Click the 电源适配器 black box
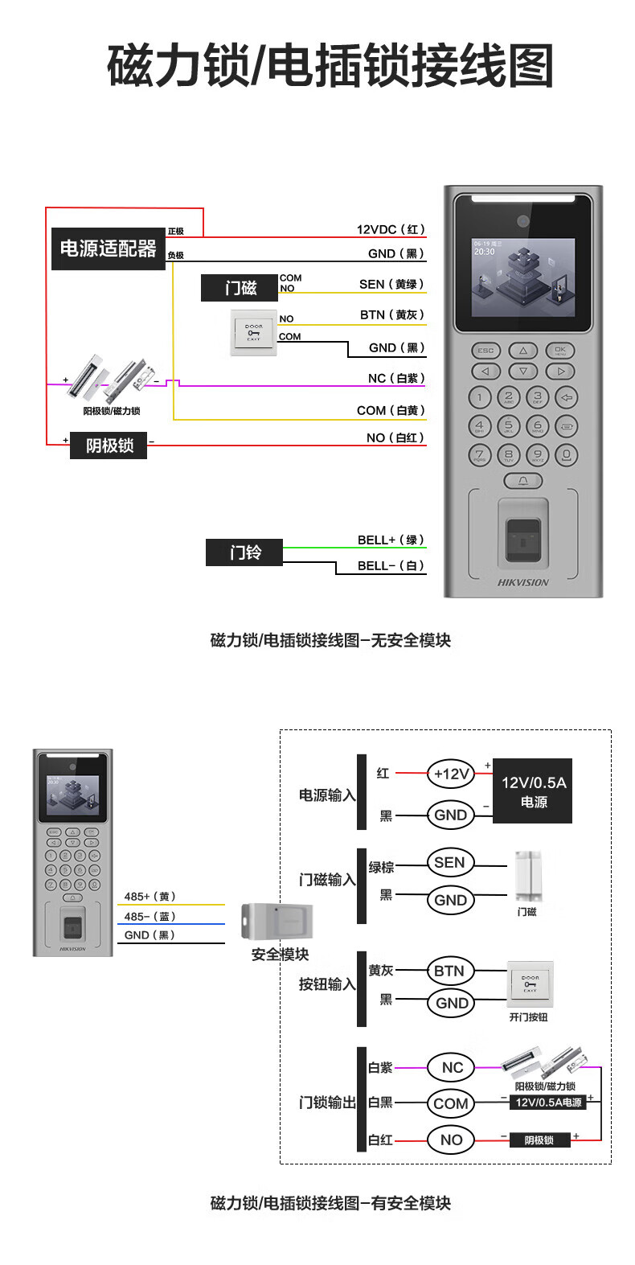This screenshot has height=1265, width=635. tap(108, 248)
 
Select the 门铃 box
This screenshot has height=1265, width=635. tap(244, 552)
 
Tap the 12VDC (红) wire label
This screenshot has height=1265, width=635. tap(391, 229)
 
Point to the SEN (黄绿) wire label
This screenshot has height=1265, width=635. tap(391, 284)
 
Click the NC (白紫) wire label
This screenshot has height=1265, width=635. tap(395, 378)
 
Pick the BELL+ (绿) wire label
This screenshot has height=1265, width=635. tap(391, 540)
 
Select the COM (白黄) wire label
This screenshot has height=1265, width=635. tap(391, 410)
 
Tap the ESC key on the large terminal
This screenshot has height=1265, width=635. tap(485, 351)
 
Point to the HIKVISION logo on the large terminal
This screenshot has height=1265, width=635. tap(523, 582)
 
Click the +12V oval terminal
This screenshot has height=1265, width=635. tap(451, 774)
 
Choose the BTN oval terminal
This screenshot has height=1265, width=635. tap(449, 971)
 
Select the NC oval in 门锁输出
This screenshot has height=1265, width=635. tap(453, 1067)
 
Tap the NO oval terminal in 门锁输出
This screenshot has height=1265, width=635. tap(451, 1140)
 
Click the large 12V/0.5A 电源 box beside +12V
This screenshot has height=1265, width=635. tap(533, 791)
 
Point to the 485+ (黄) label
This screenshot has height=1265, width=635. tap(150, 897)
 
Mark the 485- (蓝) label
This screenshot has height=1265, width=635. tap(150, 916)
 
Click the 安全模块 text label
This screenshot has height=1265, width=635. tap(280, 955)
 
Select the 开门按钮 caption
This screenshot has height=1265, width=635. tap(528, 1017)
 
